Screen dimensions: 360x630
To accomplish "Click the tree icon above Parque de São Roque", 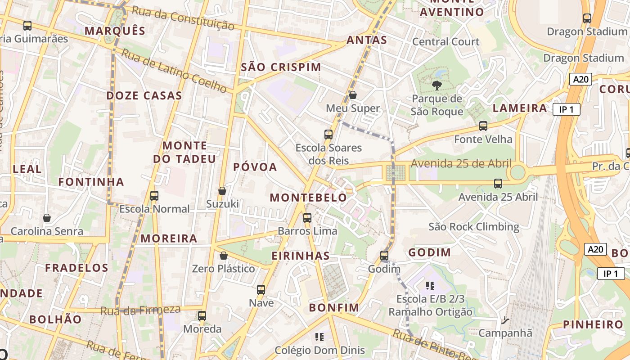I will [436, 85].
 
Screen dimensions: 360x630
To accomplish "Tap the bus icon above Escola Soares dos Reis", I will [328, 134].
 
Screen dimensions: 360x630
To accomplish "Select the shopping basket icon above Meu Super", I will [353, 95].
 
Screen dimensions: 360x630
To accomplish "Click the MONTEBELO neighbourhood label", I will [308, 198].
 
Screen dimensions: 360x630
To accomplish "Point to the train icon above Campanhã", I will [505, 320].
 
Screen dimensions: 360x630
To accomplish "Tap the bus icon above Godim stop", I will [384, 256].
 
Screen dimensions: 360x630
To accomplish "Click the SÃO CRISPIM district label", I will [281, 67].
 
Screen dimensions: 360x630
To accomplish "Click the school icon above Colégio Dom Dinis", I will [319, 337].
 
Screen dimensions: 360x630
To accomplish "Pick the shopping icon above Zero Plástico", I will [223, 256].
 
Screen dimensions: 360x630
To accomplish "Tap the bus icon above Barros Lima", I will [307, 218].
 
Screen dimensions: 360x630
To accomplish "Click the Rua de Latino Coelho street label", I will [174, 71].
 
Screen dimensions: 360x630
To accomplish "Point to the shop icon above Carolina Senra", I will [47, 218].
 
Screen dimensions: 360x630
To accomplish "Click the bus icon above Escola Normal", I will [154, 196].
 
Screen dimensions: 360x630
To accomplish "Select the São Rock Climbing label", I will [474, 226].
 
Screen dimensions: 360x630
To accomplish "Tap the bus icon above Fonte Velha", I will [483, 126].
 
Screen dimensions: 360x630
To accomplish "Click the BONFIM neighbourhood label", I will [334, 308].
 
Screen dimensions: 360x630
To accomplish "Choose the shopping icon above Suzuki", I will [222, 191].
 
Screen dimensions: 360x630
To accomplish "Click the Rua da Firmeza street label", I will [140, 310].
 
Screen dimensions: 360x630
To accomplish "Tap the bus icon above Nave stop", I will [261, 289].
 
